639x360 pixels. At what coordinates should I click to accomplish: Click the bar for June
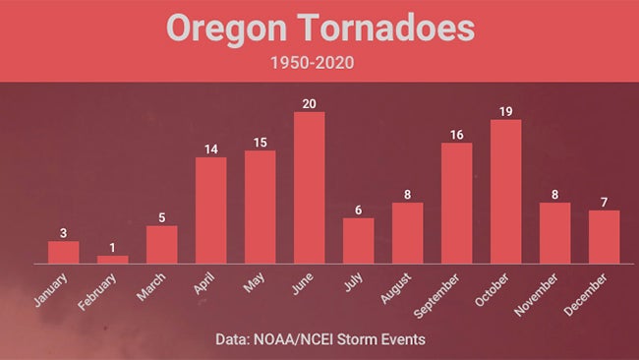[310, 188]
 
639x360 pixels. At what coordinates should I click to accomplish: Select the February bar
[113, 260]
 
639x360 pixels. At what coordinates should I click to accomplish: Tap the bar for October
[506, 192]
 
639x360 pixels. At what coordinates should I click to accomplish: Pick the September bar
[457, 204]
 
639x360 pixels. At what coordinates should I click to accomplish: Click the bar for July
[359, 241]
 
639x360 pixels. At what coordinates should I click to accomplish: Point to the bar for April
[211, 210]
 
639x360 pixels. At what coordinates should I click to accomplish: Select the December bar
[605, 237]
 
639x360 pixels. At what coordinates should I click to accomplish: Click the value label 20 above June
[310, 103]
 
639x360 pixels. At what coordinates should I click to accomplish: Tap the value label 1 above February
[113, 248]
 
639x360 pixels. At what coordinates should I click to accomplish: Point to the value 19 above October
[506, 111]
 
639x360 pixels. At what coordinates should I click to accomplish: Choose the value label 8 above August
[408, 195]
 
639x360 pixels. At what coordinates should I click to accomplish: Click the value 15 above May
[261, 142]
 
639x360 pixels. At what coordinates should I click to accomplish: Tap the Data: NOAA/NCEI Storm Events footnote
[319, 339]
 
